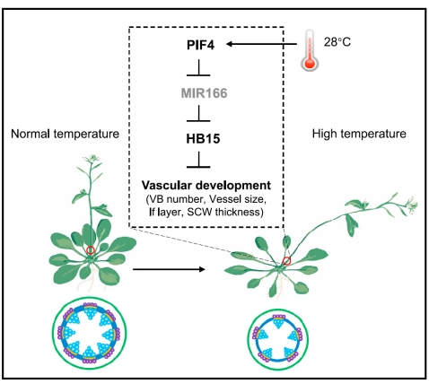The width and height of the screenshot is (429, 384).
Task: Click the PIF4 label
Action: coord(200,45)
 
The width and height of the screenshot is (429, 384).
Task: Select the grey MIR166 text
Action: coord(204,93)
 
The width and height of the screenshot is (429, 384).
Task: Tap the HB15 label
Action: coord(203,139)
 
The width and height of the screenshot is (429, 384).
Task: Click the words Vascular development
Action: coord(206,186)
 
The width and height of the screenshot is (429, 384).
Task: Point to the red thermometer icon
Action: coord(310,50)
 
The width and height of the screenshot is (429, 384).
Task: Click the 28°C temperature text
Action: coord(337,42)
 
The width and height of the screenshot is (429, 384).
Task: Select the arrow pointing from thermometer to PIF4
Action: coord(261,44)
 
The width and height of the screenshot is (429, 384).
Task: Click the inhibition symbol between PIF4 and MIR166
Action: coord(198,67)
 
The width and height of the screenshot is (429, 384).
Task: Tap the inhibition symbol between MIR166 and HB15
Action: coord(198,113)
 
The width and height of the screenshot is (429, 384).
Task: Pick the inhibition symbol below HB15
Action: coord(198,160)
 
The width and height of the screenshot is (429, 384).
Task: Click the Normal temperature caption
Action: coord(65,134)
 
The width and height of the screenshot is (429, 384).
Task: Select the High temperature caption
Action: coord(359,134)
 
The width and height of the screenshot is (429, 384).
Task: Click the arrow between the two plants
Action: coord(169,269)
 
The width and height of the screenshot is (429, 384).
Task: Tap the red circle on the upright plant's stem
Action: coord(91,250)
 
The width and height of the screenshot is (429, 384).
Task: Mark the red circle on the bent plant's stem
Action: coord(286,261)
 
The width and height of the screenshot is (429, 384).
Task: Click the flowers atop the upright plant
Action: coord(92,158)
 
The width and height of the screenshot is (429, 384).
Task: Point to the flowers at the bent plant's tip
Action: coord(411,205)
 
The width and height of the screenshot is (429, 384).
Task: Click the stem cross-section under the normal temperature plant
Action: coord(89,333)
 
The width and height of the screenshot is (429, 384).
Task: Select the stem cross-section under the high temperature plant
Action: coord(278,339)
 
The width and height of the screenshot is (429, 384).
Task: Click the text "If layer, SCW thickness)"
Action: coord(206,212)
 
